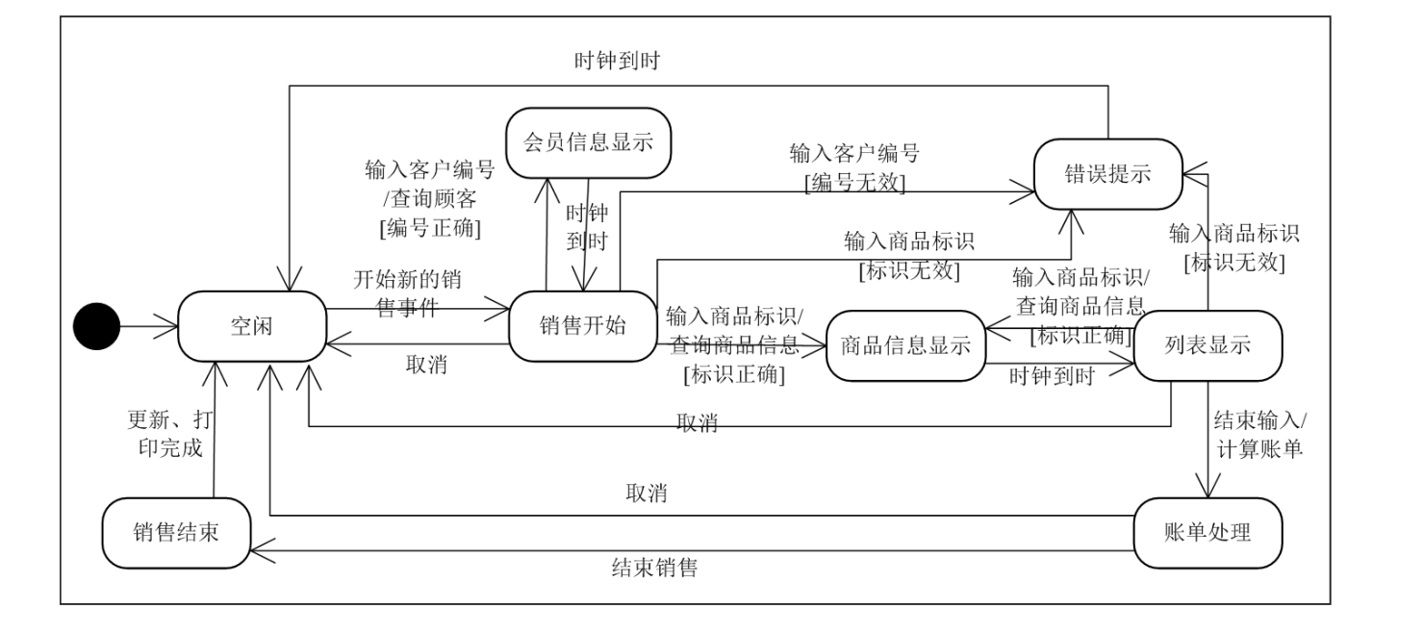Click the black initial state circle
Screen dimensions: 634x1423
tap(97, 327)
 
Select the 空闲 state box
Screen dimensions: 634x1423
tap(251, 327)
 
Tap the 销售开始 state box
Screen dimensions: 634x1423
tap(582, 326)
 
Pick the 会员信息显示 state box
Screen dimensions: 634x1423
tap(588, 142)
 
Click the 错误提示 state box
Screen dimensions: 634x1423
tap(1106, 174)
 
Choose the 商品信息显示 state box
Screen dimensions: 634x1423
tap(905, 346)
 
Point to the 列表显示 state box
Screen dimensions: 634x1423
tap(1207, 346)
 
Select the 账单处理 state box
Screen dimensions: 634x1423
tap(1207, 532)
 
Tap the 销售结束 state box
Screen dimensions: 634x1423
tap(176, 532)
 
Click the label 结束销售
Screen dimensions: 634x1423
tap(654, 568)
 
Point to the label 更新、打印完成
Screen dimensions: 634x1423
tap(172, 435)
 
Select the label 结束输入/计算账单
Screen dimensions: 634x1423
tap(1258, 434)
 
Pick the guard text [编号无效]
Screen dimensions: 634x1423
tap(853, 184)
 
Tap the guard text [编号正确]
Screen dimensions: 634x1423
tap(430, 228)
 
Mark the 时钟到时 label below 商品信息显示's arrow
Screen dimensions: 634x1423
tap(1052, 376)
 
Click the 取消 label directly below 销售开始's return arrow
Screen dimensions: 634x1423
tap(426, 367)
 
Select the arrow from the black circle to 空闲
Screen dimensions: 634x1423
tap(149, 327)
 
